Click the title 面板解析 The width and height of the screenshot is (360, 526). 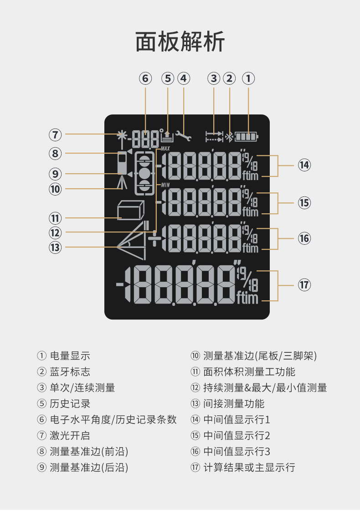[x=180, y=42]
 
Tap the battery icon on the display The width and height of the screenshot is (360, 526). [x=246, y=136]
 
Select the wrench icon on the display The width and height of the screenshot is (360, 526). [x=184, y=135]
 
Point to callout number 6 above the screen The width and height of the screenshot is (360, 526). [x=145, y=78]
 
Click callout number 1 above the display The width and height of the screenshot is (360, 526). [x=248, y=78]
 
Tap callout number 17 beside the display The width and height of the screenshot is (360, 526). [x=304, y=285]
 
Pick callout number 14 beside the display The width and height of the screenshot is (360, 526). [x=304, y=165]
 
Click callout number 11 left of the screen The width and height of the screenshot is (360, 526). [x=56, y=218]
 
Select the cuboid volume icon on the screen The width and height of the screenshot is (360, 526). [x=130, y=211]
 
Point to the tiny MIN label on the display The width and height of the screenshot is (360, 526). [x=165, y=184]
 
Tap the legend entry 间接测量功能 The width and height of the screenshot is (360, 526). [x=233, y=404]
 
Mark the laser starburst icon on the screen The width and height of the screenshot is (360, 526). [x=121, y=135]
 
